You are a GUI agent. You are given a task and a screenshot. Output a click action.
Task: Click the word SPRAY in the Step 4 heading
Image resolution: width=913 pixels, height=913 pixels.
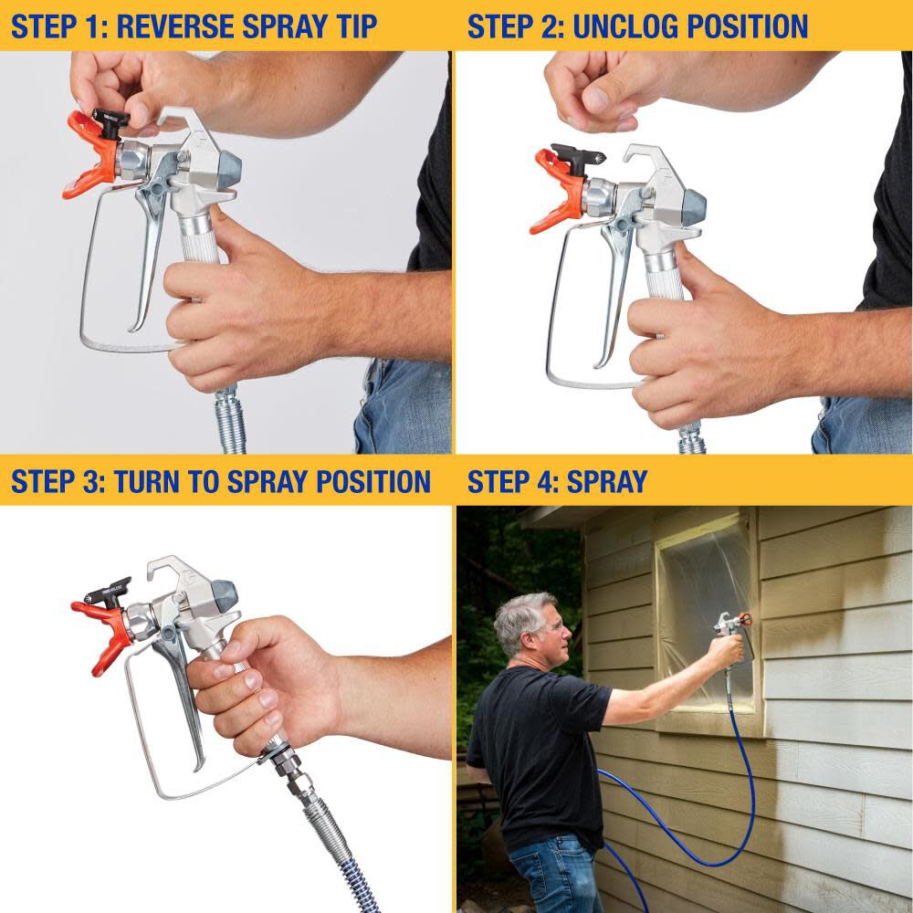tap(606, 481)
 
